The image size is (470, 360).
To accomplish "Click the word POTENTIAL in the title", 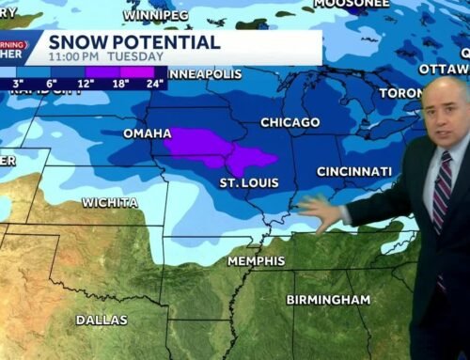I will point(165,42).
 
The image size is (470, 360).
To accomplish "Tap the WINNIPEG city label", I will point(157,16).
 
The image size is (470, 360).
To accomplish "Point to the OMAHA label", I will point(148,133).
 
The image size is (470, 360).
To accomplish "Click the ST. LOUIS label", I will point(248,181).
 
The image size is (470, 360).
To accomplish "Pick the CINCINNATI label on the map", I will point(354,171).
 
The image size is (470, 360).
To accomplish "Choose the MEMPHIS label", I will point(255,260).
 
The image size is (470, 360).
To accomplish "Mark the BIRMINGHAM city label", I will point(328,299).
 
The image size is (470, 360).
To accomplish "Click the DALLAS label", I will point(101,320).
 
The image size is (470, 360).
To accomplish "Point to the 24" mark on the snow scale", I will point(155,83).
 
